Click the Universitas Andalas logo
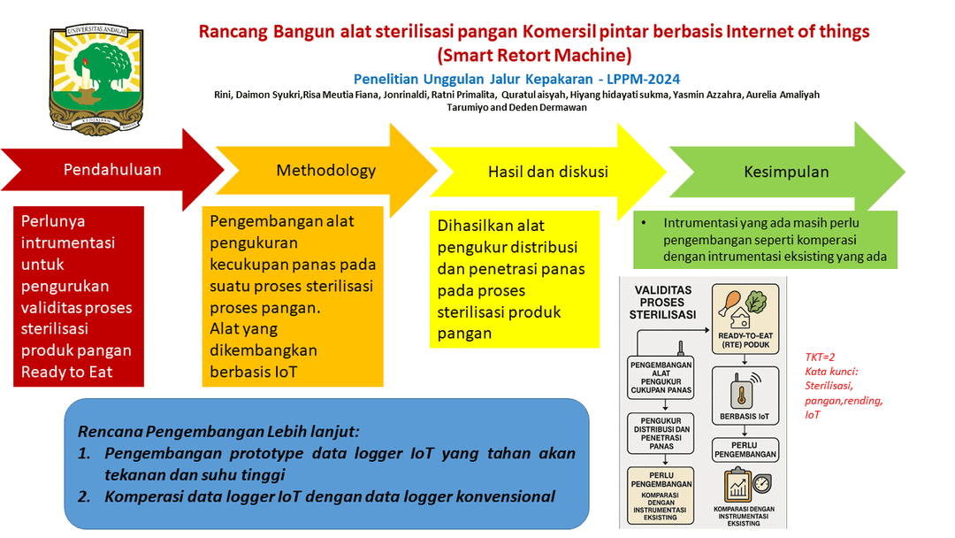click(x=96, y=79)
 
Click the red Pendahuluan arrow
click(x=112, y=170)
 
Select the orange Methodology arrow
click(x=326, y=171)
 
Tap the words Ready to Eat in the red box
click(x=67, y=372)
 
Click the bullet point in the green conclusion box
click(x=646, y=223)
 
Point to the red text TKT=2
click(x=820, y=357)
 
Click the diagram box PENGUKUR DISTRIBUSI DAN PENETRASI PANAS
click(x=661, y=432)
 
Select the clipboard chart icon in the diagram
click(x=738, y=486)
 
